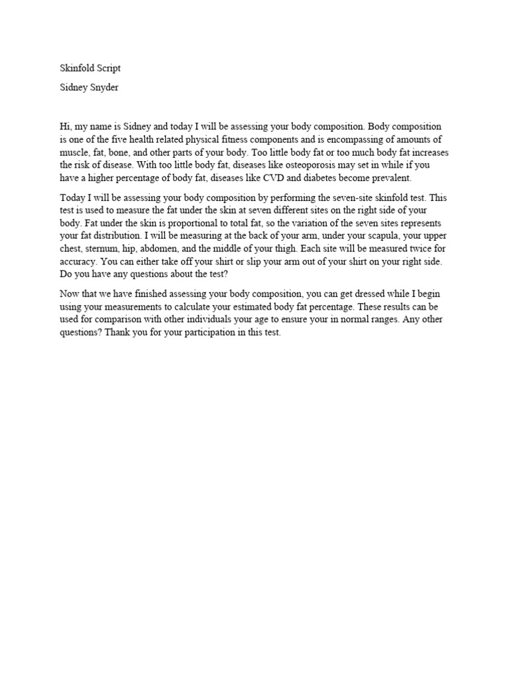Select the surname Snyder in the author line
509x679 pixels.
102,88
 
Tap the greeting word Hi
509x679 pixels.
65,126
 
